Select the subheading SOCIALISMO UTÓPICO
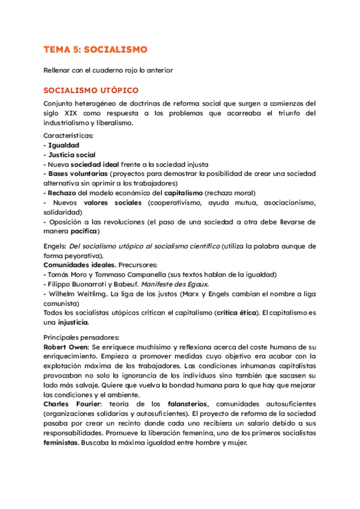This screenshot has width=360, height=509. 91,91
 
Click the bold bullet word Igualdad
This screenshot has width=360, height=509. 63,145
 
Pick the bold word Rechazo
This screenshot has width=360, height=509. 62,193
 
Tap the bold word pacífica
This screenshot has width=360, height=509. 84,231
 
